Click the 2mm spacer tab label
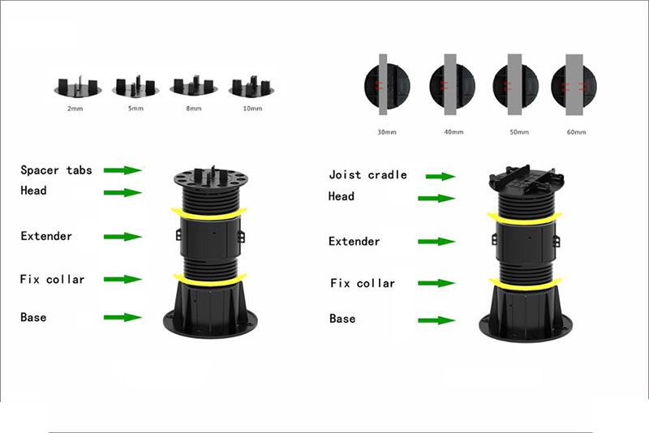tap(75, 109)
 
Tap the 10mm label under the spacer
tap(252, 109)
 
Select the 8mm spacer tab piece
tap(193, 86)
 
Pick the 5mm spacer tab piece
tap(135, 86)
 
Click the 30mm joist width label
tap(387, 132)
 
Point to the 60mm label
tap(576, 132)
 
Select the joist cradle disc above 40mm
tap(452, 86)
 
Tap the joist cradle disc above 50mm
tap(515, 86)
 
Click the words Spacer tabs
tap(56, 170)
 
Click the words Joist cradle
tap(367, 175)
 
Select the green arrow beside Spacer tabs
tap(122, 170)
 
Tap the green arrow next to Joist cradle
tap(441, 176)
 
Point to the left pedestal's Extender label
tap(46, 236)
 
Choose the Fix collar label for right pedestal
tap(363, 283)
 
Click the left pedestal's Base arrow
tap(122, 317)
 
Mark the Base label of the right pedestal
tap(342, 319)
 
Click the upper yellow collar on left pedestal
tap(209, 215)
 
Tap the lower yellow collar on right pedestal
tap(525, 285)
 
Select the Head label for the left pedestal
tap(33, 191)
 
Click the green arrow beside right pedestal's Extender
tap(436, 242)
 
